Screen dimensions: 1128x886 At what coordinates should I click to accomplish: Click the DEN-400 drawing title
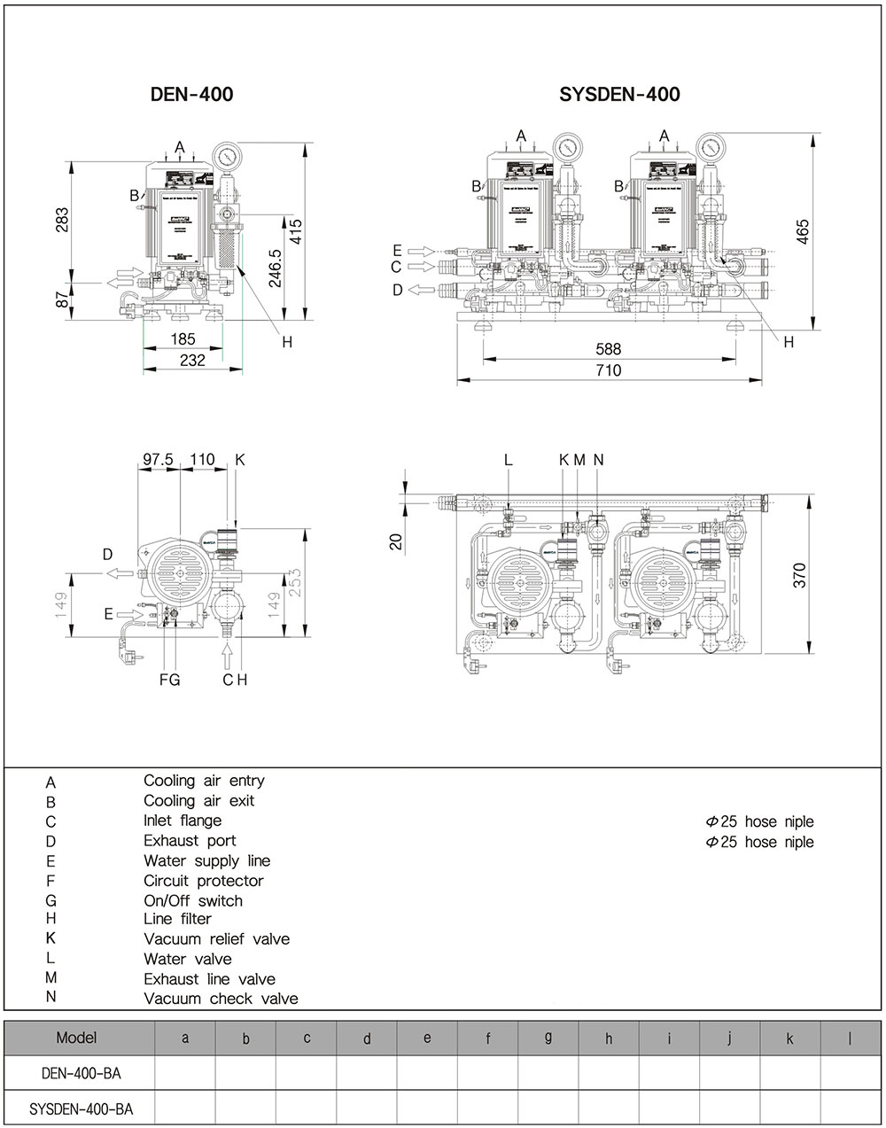pos(192,94)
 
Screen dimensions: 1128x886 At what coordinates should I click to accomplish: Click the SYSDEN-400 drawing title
pos(619,94)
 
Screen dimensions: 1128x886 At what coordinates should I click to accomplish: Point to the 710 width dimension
pos(609,370)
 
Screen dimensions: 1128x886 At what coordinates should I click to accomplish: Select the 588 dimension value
pos(609,350)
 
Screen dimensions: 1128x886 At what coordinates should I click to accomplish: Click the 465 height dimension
pos(803,230)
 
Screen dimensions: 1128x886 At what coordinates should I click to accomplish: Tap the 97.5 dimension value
pos(159,459)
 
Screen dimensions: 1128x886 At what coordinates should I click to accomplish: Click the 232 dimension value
pos(192,360)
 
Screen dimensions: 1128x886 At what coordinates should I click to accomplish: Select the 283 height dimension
pos(61,220)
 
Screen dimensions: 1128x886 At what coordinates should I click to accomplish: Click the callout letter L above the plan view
pos(509,459)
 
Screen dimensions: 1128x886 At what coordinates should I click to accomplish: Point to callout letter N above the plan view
pos(598,459)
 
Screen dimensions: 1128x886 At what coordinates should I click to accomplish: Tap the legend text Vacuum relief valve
pos(216,938)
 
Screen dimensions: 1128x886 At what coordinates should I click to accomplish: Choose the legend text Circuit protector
pos(203,881)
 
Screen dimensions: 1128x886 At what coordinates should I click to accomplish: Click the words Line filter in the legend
pos(178,919)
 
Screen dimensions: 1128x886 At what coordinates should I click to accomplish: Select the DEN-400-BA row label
pos(81,1073)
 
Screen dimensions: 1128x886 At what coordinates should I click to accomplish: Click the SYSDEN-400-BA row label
pos(81,1109)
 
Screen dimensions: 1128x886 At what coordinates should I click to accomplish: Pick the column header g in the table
pos(548,1037)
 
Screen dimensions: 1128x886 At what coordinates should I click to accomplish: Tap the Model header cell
pos(77,1037)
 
